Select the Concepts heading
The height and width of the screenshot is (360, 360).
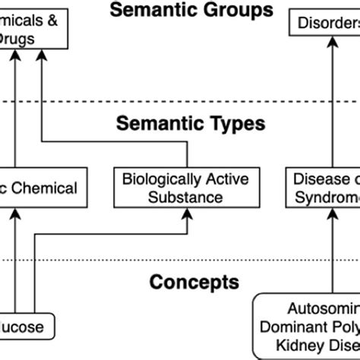point(194,283)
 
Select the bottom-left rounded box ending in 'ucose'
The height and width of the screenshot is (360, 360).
point(26,328)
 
